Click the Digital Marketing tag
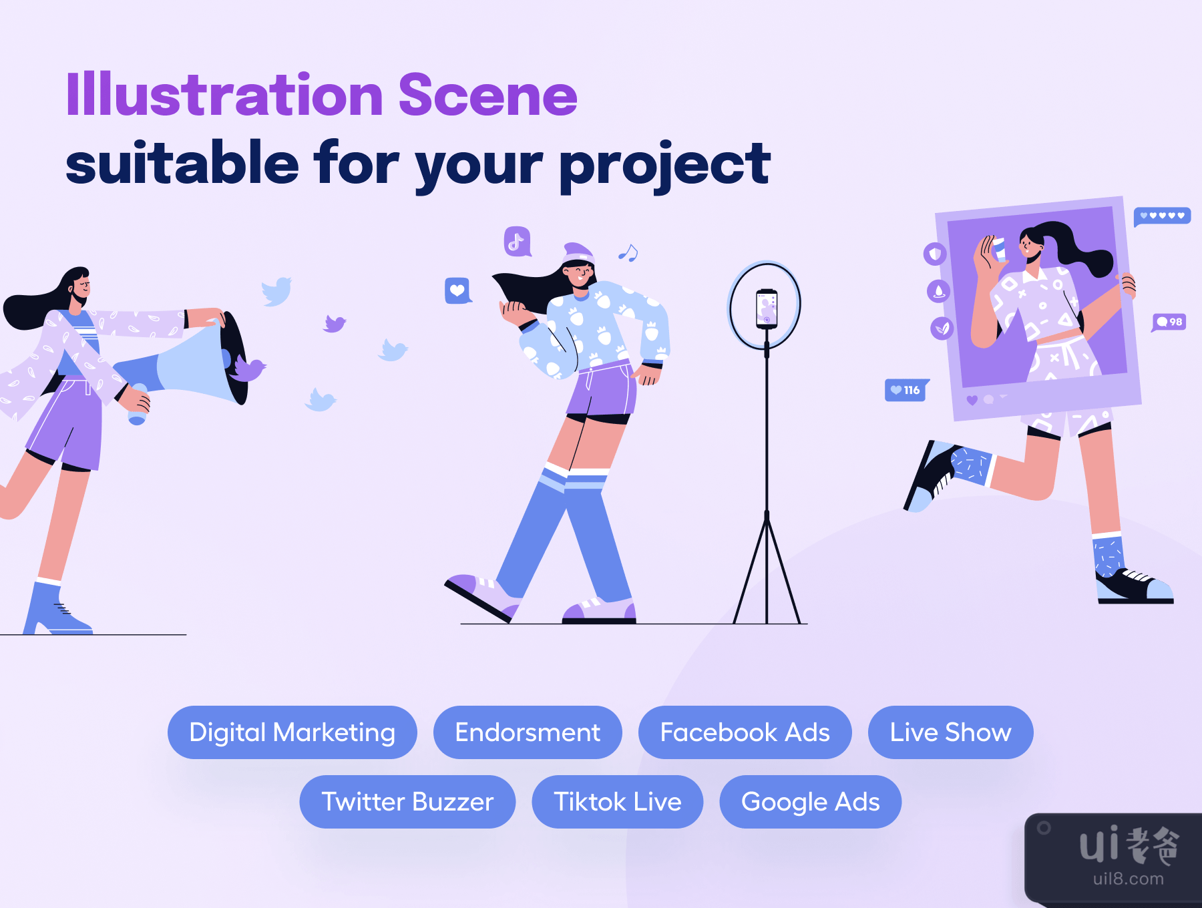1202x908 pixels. point(292,732)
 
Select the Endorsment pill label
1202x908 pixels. point(528,732)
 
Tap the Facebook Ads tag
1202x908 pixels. point(745,732)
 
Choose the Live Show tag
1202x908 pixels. point(950,732)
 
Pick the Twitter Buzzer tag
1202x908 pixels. point(407,802)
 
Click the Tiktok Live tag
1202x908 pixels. point(618,802)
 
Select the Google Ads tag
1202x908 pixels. point(810,802)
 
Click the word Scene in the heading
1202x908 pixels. point(487,95)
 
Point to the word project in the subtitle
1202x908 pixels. point(665,166)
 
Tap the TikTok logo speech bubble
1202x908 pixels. point(518,242)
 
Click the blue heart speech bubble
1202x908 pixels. point(458,290)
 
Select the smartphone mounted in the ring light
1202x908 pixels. point(767,308)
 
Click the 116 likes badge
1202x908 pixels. point(906,390)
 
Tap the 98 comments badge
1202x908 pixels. point(1169,322)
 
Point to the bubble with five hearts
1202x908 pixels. point(1162,216)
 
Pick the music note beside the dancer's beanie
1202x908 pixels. point(628,252)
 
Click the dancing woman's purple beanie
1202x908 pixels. point(578,253)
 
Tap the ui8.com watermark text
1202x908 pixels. point(1129,879)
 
